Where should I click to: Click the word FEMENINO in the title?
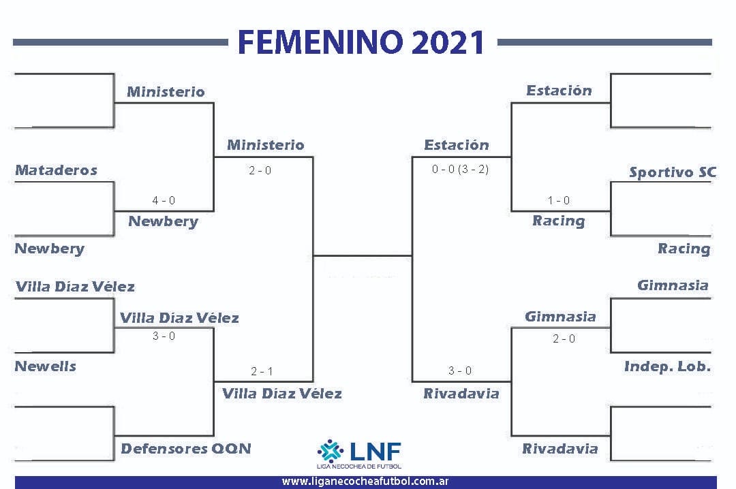tap(320, 42)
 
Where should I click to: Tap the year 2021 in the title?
tap(448, 42)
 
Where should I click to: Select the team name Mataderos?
tap(57, 170)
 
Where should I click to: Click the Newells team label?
tap(46, 366)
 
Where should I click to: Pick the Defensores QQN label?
tap(186, 449)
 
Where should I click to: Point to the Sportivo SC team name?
tap(673, 172)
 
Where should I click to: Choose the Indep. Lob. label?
tap(667, 366)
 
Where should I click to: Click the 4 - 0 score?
tap(164, 200)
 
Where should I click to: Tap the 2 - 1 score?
tap(262, 372)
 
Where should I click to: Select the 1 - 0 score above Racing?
tap(559, 200)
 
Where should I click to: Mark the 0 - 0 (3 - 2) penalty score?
tap(461, 170)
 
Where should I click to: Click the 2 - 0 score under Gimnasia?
tap(564, 339)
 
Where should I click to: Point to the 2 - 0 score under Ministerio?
tap(260, 170)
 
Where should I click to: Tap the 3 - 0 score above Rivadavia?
tap(460, 370)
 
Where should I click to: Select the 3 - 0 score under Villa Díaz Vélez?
tap(164, 336)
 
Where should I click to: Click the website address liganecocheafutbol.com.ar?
tap(365, 482)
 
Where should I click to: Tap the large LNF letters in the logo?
tap(375, 452)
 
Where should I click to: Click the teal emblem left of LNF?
tap(331, 451)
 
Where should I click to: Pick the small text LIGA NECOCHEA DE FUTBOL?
tap(359, 466)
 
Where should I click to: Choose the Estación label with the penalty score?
tap(457, 144)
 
